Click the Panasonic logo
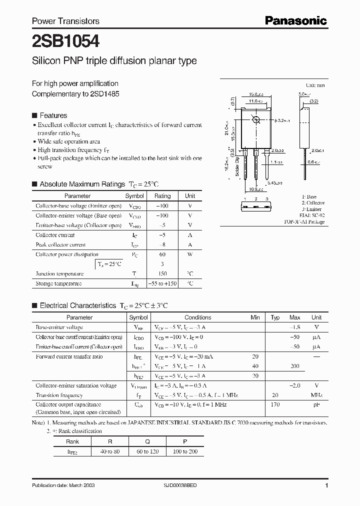point(295,20)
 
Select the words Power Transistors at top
point(65,21)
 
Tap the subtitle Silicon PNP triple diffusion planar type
point(114,61)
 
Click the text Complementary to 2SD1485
point(75,93)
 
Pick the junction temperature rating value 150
point(162,273)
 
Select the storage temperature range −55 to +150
point(162,283)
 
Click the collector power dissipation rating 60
point(162,254)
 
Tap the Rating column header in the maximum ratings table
point(162,196)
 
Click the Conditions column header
point(197,317)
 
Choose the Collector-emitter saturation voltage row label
point(76,385)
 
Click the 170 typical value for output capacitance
point(274,404)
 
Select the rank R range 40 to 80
point(109,451)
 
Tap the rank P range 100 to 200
point(185,451)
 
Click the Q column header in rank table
point(147,441)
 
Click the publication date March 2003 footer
point(63,485)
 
